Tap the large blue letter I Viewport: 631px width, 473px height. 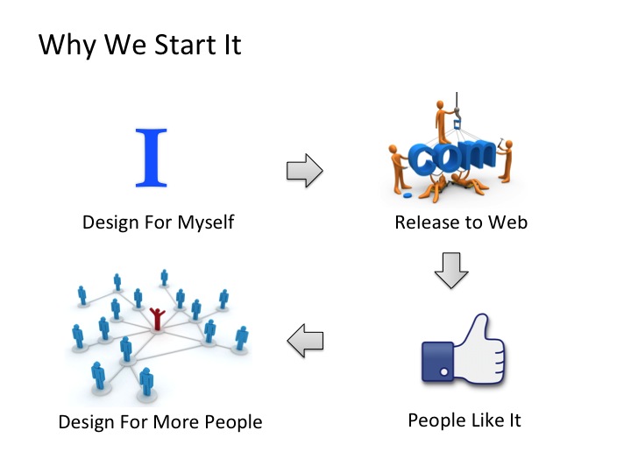[150, 158]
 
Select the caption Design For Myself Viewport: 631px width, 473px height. [159, 222]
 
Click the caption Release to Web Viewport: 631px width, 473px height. [461, 222]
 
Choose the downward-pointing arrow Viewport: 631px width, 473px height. [452, 272]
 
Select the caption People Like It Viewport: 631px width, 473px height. [464, 420]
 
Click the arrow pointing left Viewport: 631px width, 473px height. [306, 340]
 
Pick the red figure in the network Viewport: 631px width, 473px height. [158, 318]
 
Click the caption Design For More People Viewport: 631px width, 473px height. [160, 422]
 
